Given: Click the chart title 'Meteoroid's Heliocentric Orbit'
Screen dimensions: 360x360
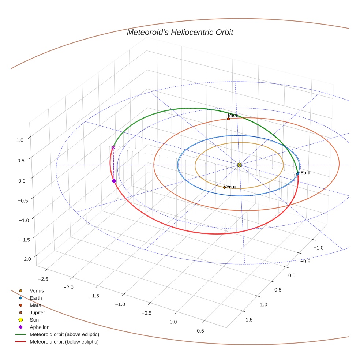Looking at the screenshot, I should click(180, 32).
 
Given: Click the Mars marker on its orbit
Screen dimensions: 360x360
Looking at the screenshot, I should click(228, 119).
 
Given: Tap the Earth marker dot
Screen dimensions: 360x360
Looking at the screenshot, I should click(298, 173).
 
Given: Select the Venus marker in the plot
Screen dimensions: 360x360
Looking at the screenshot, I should click(225, 187).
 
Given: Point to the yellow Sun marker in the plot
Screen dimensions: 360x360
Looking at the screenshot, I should click(239, 165).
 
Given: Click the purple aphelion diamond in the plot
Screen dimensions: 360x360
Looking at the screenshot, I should click(114, 181).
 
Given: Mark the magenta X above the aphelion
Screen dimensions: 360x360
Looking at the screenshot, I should click(113, 147).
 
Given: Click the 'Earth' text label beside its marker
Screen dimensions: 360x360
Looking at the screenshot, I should click(306, 172).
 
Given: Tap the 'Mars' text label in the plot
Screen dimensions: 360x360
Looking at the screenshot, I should click(233, 115).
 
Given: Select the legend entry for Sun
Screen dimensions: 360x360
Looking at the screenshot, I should click(34, 320).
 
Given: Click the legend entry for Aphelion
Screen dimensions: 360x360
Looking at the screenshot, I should click(39, 327).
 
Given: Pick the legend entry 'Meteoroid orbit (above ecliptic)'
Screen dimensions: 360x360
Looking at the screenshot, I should click(64, 334).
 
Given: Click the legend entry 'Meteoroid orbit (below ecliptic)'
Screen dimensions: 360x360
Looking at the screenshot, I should click(64, 342).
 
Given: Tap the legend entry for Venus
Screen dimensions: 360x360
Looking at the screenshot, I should click(37, 290).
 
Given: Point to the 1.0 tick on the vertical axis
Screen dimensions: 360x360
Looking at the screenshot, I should click(20, 140).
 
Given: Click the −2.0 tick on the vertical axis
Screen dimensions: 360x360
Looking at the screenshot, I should click(26, 259).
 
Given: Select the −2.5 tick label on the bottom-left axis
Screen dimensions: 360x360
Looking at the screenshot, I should click(43, 279).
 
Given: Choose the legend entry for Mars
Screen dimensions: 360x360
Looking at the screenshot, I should click(35, 305).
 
